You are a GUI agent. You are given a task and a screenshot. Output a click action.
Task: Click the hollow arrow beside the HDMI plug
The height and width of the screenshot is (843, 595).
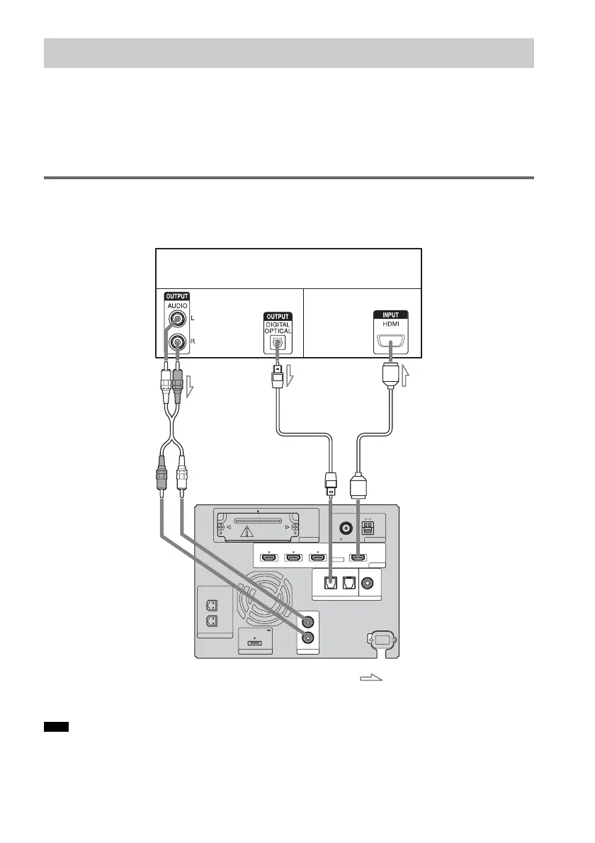pos(407,376)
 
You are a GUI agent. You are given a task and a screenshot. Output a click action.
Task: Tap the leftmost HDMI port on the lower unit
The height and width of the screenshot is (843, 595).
pos(268,557)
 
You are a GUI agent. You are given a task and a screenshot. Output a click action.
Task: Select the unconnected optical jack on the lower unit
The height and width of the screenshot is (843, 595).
pos(348,584)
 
